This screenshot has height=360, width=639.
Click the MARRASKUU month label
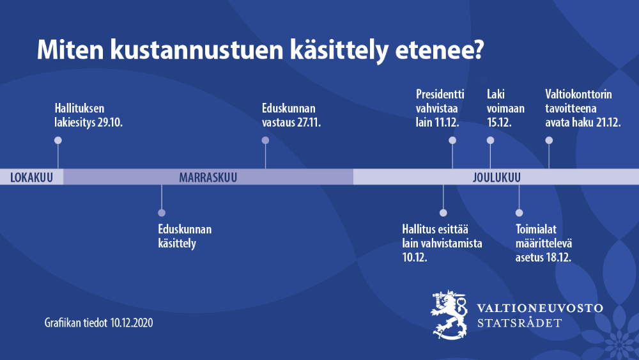coord(208,177)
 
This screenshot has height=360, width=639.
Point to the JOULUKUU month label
coord(497,177)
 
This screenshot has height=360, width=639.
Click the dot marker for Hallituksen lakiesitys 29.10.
coord(58,140)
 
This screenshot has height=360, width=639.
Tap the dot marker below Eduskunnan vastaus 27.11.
coord(265,140)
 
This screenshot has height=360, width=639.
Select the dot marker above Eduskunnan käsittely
coord(162,212)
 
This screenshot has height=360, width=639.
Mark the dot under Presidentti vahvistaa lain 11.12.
coord(452,140)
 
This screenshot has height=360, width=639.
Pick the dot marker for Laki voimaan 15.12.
coord(490,140)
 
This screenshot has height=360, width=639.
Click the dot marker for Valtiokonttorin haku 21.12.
coord(549,140)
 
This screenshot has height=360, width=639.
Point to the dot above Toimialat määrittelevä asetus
coord(519,212)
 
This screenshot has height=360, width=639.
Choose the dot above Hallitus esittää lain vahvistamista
coord(443,212)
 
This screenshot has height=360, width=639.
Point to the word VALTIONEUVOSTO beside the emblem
coord(540,308)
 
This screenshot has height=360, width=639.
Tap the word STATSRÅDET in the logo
coord(520,323)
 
